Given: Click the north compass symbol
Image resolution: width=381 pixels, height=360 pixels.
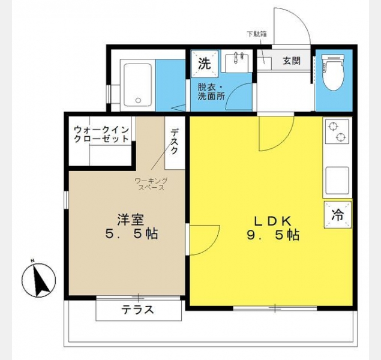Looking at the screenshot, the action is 38,280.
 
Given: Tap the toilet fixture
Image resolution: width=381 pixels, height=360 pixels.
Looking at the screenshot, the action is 334,73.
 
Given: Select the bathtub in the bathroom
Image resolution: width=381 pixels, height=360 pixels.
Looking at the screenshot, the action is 138,85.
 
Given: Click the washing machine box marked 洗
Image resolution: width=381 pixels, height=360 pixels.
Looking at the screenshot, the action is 205,64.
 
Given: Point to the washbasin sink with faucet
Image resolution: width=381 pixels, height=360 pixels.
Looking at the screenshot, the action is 238,63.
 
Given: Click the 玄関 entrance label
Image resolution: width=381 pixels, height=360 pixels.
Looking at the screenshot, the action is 292,61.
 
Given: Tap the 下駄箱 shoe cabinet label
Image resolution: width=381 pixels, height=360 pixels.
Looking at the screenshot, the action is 257,34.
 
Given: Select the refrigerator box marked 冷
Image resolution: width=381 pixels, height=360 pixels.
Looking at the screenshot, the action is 338,215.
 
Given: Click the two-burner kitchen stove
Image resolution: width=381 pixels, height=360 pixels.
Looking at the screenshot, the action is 337,131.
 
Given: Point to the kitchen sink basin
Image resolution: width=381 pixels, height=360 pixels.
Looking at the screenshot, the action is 337,181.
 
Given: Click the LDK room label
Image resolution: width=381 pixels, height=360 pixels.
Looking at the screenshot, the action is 272,221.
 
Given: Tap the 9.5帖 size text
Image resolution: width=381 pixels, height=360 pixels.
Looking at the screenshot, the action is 273,235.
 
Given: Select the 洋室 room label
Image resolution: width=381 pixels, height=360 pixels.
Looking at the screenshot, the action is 130,220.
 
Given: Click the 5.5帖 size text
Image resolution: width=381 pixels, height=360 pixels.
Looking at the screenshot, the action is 131,234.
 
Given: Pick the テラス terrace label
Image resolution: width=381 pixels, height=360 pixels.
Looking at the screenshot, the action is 137,310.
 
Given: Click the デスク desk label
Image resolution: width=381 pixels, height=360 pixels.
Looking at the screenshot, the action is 175,142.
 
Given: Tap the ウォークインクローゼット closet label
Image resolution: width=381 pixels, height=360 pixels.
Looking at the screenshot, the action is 101,134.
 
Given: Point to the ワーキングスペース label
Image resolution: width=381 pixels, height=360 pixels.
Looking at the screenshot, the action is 151,184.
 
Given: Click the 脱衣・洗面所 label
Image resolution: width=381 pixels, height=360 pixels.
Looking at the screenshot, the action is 211,92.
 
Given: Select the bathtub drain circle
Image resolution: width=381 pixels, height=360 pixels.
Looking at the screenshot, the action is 138,100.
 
